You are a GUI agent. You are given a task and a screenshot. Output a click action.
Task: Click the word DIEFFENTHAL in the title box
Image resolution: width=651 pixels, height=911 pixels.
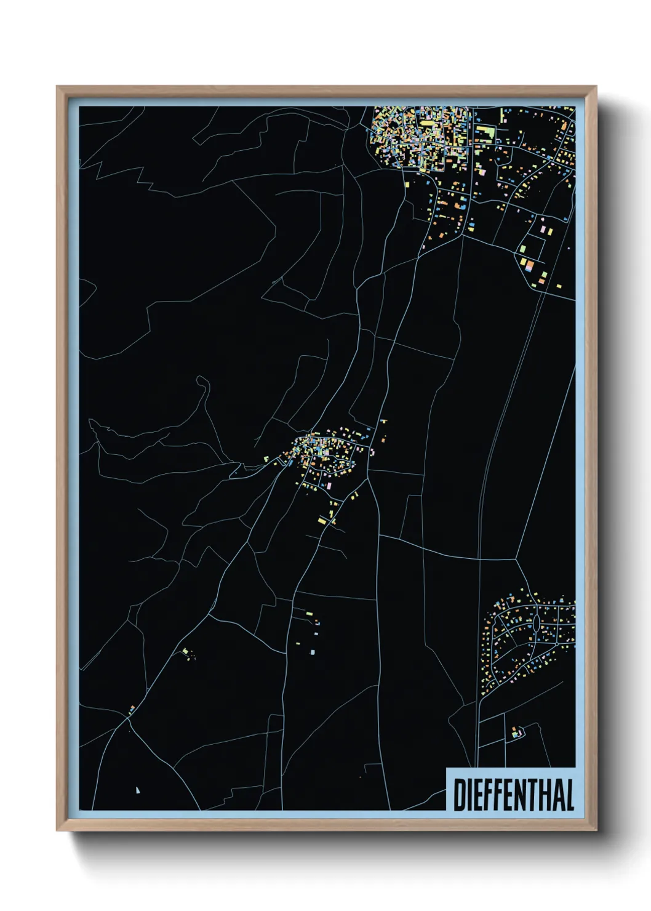513,795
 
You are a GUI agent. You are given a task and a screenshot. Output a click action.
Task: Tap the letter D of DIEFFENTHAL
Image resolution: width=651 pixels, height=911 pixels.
459,795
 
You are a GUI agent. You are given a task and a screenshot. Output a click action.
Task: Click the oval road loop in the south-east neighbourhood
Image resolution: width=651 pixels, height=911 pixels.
536,623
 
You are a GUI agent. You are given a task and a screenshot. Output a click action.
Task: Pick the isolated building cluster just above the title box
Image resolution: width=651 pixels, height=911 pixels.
517,732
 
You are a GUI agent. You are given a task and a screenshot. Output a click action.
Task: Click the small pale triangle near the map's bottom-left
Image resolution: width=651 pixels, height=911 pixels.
137,790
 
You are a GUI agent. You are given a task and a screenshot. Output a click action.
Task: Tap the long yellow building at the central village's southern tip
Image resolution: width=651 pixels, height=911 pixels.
321,521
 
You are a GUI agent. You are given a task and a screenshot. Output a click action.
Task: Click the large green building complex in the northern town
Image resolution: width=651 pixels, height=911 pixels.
485,134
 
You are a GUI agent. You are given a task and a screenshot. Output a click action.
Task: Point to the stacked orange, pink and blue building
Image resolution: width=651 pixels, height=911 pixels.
530,266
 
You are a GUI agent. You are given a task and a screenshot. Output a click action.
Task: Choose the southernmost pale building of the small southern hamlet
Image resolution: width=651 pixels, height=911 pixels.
312,652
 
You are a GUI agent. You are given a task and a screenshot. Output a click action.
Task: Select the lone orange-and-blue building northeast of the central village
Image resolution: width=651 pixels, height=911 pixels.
383,422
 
